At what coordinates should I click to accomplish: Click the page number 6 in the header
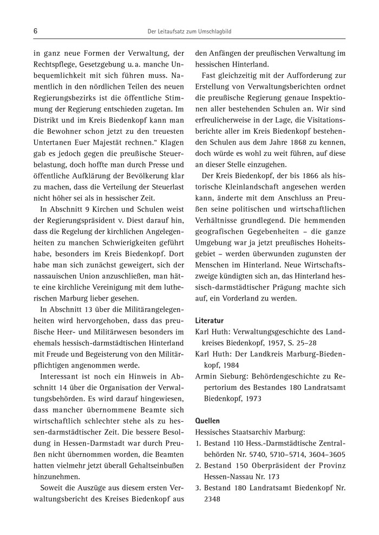(x=35, y=31)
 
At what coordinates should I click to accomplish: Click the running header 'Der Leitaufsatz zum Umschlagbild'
(x=189, y=32)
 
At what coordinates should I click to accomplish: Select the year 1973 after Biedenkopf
(x=252, y=398)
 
